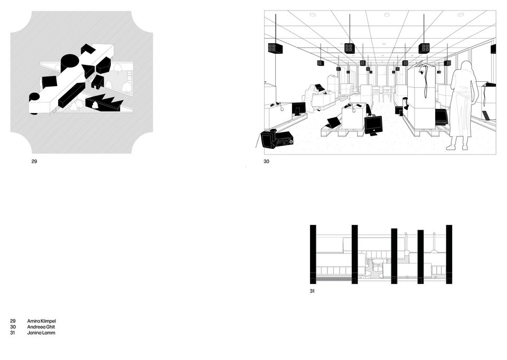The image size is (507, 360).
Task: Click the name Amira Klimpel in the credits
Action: [x=41, y=321]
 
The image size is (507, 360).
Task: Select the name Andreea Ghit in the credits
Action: [x=41, y=327]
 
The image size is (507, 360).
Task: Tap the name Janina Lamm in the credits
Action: [x=41, y=333]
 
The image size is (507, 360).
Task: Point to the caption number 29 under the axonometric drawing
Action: [x=34, y=161]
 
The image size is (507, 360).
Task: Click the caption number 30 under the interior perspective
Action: [x=266, y=161]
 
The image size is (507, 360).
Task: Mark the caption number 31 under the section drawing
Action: [x=312, y=291]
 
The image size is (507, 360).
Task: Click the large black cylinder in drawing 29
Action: [x=70, y=63]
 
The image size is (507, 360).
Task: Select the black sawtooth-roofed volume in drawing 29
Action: [x=104, y=103]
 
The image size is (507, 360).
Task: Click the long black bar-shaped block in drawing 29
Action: [x=71, y=94]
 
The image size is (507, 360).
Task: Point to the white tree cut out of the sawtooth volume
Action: [x=96, y=105]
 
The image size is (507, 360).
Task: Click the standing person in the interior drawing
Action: [x=463, y=106]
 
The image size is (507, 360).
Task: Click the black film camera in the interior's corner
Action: [x=277, y=139]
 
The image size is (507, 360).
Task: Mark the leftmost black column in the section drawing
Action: [x=313, y=254]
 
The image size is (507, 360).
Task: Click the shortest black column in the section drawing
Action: [x=420, y=257]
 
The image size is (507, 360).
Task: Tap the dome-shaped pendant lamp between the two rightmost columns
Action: [x=435, y=251]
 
